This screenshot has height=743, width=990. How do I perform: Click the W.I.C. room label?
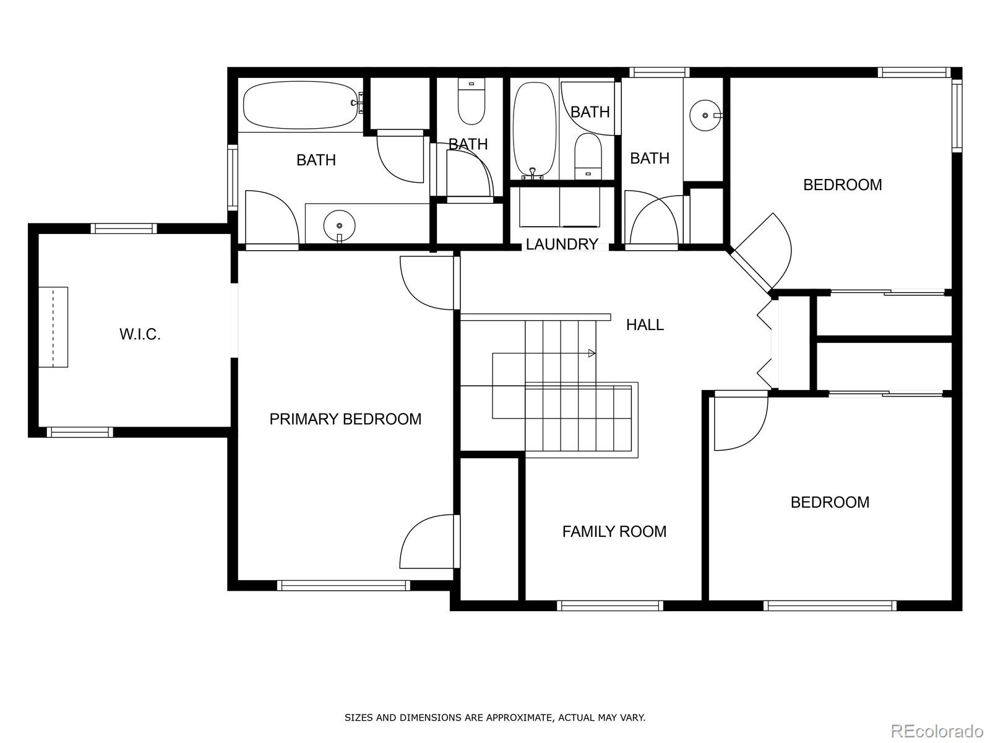click(x=140, y=334)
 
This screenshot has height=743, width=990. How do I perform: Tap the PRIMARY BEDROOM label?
click(x=345, y=419)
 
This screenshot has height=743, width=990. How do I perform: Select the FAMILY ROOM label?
click(x=614, y=531)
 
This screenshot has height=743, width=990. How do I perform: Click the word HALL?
click(x=644, y=324)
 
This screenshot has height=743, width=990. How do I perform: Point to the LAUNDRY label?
click(x=561, y=245)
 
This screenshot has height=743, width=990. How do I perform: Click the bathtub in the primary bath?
click(x=298, y=106)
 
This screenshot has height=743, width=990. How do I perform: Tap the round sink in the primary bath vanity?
click(x=339, y=224)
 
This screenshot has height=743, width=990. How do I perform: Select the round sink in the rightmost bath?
click(x=705, y=115)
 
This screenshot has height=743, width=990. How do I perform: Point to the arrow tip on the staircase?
click(x=592, y=354)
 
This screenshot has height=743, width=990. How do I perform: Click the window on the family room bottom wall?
click(x=609, y=606)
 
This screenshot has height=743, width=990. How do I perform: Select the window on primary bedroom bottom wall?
click(x=343, y=585)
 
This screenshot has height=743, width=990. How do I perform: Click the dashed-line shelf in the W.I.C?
click(x=53, y=327)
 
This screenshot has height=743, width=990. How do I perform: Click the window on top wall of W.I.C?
click(x=124, y=228)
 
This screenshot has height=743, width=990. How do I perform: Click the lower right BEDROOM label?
click(x=829, y=502)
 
